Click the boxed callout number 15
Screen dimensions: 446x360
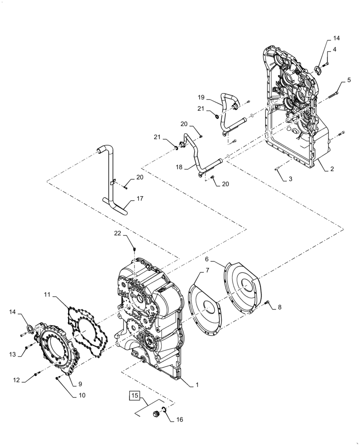click(135, 395)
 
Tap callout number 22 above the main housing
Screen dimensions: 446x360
click(117, 234)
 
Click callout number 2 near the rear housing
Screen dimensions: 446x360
click(332, 169)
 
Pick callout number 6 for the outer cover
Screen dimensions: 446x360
click(207, 259)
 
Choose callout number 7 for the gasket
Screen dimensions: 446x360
click(207, 270)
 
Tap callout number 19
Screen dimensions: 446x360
click(201, 97)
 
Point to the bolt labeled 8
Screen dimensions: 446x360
click(267, 303)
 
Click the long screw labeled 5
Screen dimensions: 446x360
click(333, 94)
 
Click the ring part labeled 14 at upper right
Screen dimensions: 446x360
click(319, 69)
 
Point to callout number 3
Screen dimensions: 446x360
click(290, 179)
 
